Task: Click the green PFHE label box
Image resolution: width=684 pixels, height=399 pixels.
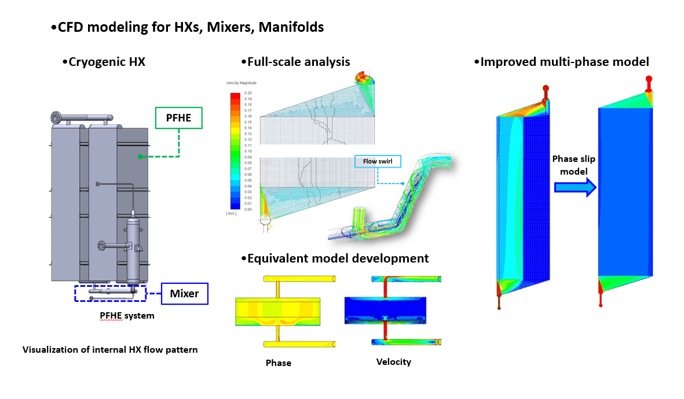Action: click(x=178, y=117)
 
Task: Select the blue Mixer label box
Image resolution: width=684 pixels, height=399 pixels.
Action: click(x=184, y=293)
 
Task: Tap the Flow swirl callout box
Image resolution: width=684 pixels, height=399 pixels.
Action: click(x=376, y=161)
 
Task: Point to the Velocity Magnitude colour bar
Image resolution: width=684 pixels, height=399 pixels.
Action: click(x=235, y=150)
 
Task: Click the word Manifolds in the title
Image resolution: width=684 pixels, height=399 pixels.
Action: click(x=291, y=27)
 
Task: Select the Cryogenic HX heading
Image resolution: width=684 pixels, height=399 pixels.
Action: click(x=103, y=62)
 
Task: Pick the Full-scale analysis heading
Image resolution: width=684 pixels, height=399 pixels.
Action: click(x=295, y=62)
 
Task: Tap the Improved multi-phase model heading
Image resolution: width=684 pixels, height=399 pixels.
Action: click(x=561, y=62)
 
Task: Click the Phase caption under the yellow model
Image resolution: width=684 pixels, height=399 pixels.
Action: click(x=278, y=363)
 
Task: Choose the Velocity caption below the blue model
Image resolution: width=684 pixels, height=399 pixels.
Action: click(x=393, y=362)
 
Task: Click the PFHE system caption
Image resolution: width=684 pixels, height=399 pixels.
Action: click(x=127, y=316)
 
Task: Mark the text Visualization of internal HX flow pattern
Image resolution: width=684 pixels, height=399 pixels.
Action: click(x=110, y=350)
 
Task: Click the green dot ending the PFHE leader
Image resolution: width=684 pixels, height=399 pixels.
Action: click(x=140, y=156)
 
